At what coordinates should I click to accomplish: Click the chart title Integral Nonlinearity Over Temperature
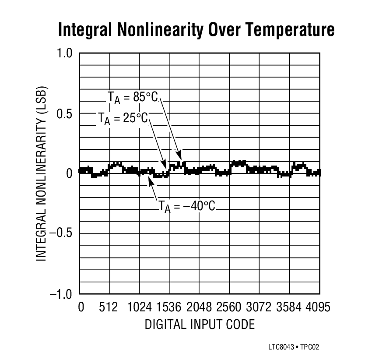point(196,30)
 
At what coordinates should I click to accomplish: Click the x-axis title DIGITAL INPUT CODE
point(200,325)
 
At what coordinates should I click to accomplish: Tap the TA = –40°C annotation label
point(187,205)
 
